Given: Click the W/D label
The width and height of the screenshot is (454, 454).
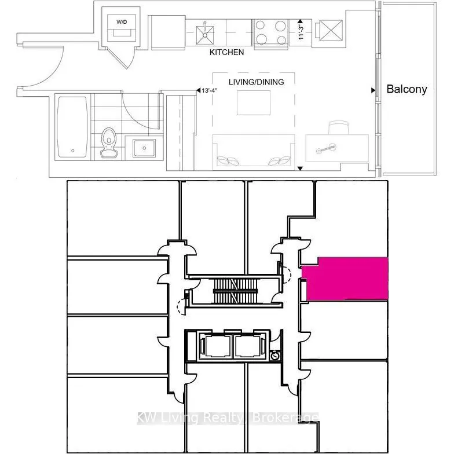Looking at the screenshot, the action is coord(122,22).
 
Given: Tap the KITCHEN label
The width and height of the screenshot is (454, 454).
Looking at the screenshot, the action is coord(227,52).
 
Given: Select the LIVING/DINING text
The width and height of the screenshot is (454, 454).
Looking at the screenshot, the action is coord(256,82).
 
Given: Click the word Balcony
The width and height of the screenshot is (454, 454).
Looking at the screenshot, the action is coord(407,89).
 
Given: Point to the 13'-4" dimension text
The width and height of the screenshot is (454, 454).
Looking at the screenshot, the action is coord(210,90).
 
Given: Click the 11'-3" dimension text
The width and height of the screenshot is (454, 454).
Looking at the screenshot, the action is coord(301,32).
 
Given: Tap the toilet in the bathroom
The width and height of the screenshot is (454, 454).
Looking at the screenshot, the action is coord(109,142).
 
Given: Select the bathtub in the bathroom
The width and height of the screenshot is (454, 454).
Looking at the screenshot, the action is coord(73,127).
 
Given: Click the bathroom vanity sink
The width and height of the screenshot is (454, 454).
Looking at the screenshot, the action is coord(144,148).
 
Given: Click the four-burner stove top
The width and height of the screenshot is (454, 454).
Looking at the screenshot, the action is coord(271,33).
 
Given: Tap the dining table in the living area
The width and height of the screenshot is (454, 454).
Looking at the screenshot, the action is coord(254,103).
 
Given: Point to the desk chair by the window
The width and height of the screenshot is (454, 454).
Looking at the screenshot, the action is coord(339,128).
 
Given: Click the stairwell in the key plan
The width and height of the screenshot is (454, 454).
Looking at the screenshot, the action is coord(235,291).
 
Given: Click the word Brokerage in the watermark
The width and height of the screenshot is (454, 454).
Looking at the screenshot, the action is coord(285,418).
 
